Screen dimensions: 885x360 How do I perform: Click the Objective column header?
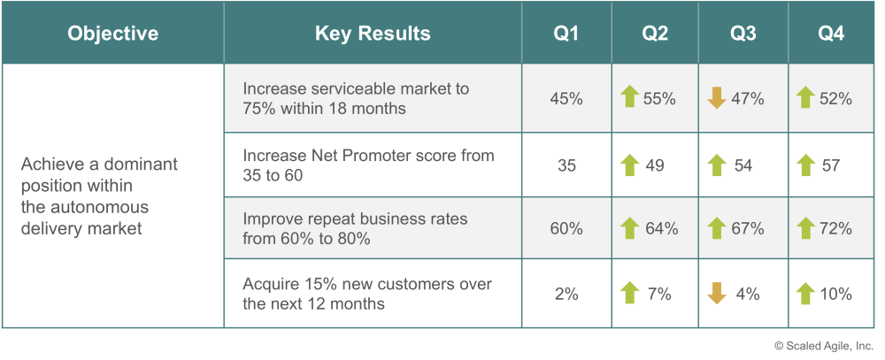113,34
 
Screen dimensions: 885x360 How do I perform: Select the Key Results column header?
373,34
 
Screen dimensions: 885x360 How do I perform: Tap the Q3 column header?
743,34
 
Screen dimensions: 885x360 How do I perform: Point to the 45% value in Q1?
566,99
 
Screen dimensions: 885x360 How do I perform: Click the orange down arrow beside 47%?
717,98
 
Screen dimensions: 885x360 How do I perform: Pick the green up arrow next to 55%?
629,97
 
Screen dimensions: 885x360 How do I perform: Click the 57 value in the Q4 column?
831,165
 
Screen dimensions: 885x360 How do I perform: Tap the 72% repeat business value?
835,228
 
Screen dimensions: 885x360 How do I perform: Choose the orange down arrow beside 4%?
717,294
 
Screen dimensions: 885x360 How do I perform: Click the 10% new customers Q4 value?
836,294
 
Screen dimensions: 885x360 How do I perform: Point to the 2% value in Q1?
566,294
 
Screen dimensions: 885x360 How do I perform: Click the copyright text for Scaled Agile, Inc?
823,345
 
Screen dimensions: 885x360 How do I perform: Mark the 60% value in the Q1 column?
566,228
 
